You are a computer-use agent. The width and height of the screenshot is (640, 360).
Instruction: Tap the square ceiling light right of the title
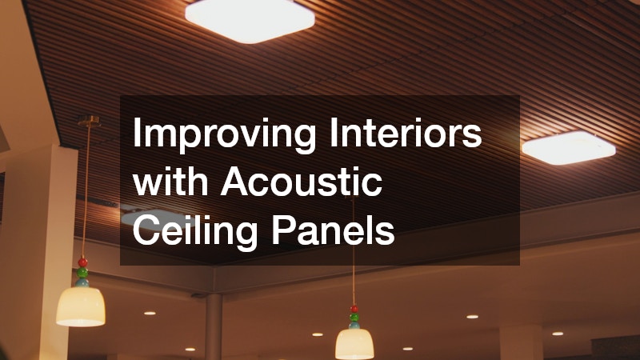point(568,147)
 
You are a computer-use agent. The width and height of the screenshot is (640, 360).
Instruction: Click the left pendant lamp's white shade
point(81,305)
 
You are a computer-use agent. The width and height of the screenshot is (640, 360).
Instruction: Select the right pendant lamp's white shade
point(354,342)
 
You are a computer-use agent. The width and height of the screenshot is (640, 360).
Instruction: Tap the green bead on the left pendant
point(82,272)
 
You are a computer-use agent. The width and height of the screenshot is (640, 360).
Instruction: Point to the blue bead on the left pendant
point(82,282)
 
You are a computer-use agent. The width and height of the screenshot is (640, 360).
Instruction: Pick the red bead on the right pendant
point(354,308)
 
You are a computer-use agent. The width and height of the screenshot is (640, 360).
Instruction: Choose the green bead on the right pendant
point(354,316)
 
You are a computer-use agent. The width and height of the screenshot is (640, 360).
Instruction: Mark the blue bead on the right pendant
point(354,324)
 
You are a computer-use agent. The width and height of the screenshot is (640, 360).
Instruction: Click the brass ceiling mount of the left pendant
point(88,122)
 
